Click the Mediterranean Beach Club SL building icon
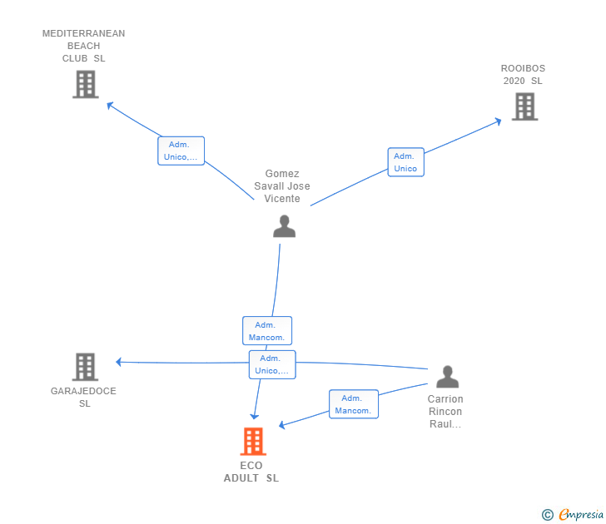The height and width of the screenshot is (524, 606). point(86,84)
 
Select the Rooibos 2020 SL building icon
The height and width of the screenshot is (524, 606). point(524,106)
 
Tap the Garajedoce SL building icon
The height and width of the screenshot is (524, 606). point(85,367)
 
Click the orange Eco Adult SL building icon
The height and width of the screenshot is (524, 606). point(253,442)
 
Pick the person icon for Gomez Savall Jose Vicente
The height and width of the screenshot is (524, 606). point(284,226)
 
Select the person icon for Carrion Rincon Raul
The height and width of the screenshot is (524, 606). point(448,377)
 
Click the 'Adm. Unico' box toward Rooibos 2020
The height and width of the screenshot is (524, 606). point(406,162)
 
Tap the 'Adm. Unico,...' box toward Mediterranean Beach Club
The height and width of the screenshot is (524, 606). point(181,151)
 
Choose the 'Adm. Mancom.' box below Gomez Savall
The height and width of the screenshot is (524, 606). point(267,331)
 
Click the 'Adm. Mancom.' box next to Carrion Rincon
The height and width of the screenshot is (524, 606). point(354,404)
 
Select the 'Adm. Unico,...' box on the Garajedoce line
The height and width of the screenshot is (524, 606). point(272,364)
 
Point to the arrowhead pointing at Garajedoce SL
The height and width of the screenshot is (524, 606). point(119,362)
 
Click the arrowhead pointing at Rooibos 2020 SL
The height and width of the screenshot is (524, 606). point(499,121)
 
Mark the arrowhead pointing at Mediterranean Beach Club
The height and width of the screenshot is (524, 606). point(110,105)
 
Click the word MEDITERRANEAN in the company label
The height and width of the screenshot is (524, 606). point(83,33)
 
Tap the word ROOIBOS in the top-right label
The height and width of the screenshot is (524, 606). point(523,68)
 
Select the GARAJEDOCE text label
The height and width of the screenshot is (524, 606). point(83,391)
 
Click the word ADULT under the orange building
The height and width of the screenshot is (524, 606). point(241,478)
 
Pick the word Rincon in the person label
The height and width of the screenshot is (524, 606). point(445,411)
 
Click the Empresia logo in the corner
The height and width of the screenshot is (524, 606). point(573,515)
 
